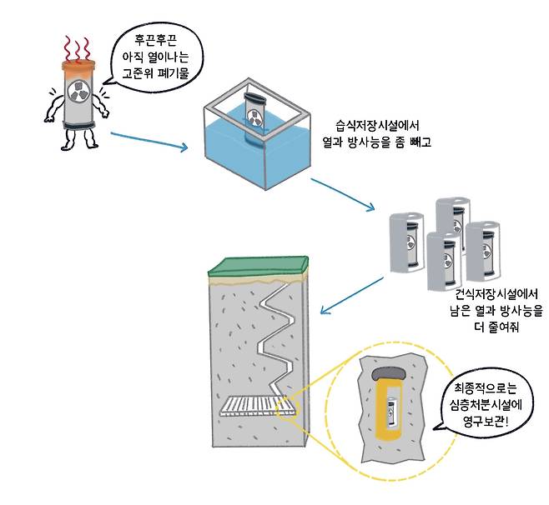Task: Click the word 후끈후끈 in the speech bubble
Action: tap(152, 39)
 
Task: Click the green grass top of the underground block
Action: tap(258, 267)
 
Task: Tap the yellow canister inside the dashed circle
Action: tap(390, 407)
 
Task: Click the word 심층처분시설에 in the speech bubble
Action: tap(486, 405)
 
